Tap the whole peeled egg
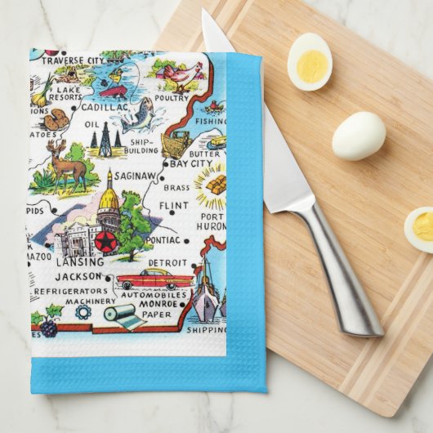coord(359,135)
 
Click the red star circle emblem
coord(105,241)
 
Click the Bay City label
coord(191,163)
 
